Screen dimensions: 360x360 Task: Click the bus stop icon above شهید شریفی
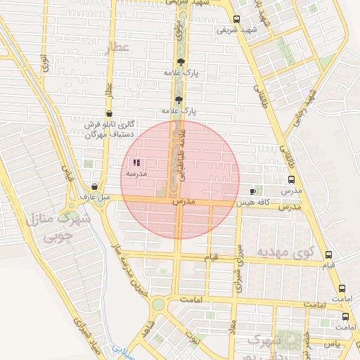pos(236,20)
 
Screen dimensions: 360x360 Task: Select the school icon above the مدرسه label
pos(135,162)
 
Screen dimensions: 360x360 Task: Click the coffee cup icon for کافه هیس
pos(253,191)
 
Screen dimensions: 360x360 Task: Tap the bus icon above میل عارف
pos(94,187)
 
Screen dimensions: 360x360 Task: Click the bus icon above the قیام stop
pos(328,255)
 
